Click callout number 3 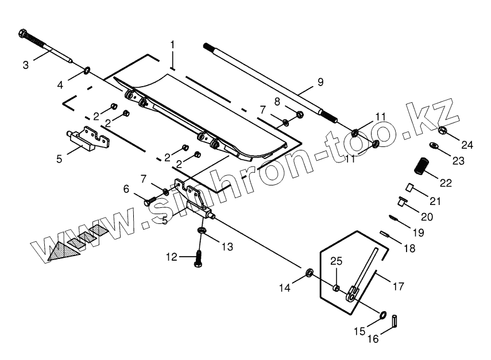(x=25, y=64)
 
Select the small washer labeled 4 (x=87, y=71)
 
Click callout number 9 (x=320, y=82)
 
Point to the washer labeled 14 (x=310, y=272)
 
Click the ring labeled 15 (x=381, y=315)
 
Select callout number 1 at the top (x=172, y=44)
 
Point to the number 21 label (x=435, y=200)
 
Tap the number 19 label (x=417, y=233)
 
